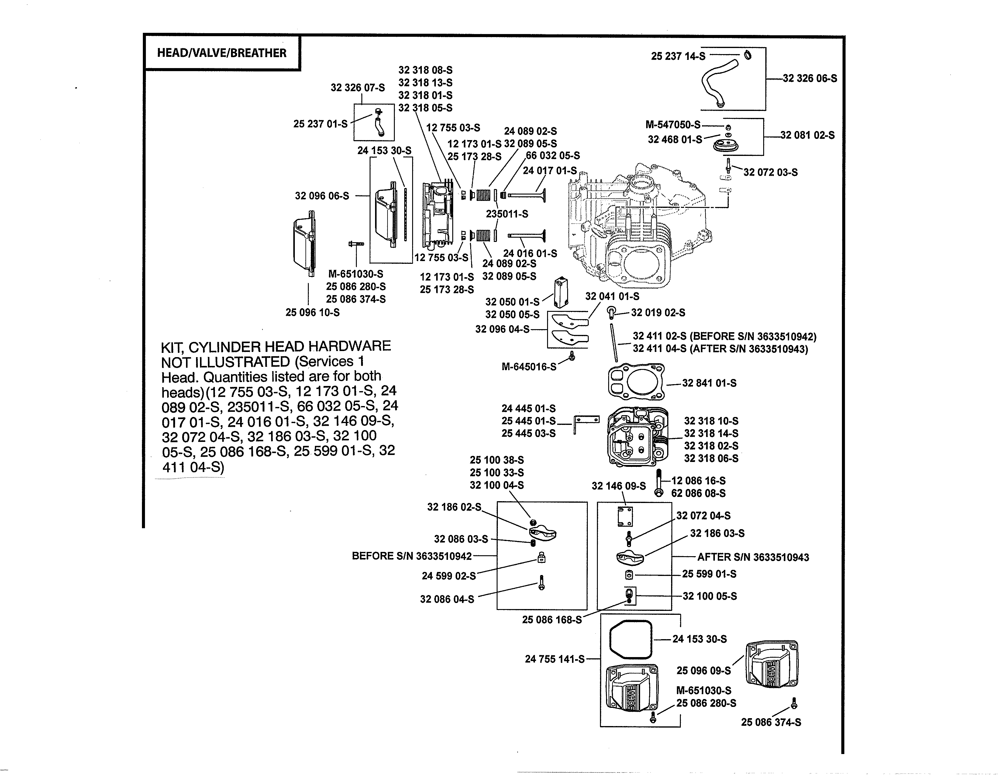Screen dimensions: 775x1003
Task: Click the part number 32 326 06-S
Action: point(810,78)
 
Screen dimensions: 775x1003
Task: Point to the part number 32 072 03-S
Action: point(770,173)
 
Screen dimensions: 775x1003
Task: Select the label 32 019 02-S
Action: point(658,313)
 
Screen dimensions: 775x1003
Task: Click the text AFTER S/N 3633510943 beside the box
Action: point(753,557)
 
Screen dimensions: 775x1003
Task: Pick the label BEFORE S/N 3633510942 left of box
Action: point(412,556)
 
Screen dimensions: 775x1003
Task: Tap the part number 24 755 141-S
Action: point(555,659)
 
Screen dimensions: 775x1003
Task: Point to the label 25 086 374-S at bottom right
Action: point(771,722)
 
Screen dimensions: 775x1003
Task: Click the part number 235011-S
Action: point(507,214)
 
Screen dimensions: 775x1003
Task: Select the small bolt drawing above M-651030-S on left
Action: point(356,243)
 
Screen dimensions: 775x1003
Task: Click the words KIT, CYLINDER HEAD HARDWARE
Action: point(276,346)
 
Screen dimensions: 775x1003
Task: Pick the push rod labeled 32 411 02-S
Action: point(614,343)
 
